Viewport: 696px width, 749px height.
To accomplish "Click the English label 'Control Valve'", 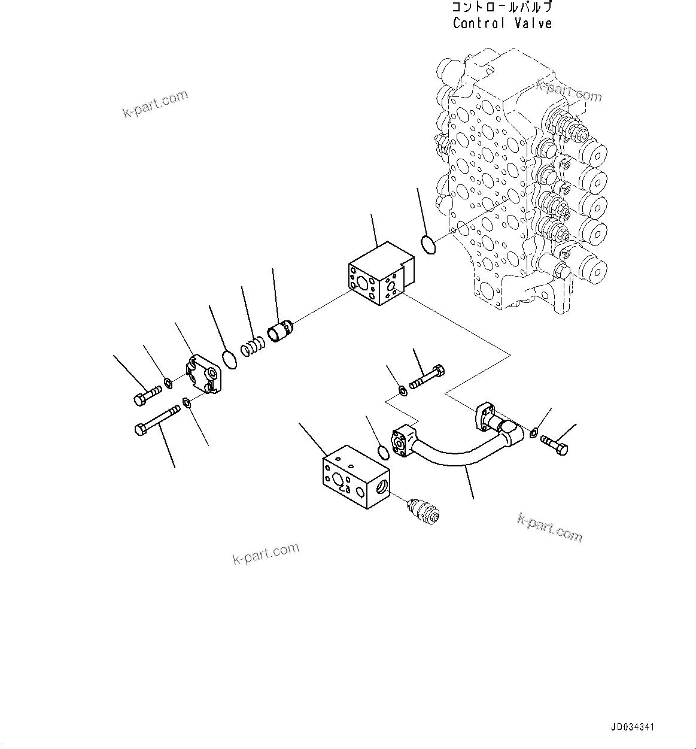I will [502, 23].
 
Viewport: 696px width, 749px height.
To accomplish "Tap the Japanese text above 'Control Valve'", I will [502, 8].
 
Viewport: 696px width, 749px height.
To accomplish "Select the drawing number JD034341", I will [633, 727].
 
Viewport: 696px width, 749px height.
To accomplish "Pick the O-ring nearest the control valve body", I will [427, 244].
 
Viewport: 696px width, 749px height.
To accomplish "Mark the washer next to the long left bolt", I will [187, 402].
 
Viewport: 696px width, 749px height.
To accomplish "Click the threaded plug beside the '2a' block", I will [423, 510].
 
